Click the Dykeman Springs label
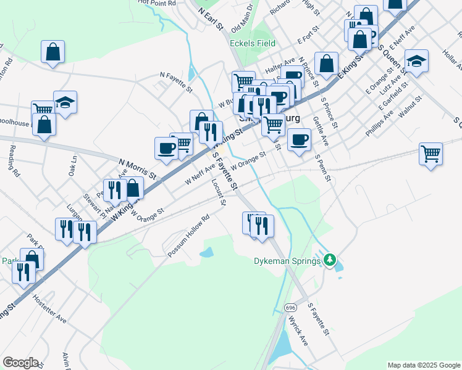click(x=287, y=261)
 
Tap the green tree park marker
click(x=330, y=260)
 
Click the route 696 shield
click(x=291, y=306)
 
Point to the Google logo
click(x=20, y=363)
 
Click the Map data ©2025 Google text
click(x=423, y=365)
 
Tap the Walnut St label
click(x=410, y=104)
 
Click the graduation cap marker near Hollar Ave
click(x=417, y=61)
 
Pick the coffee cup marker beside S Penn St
click(x=300, y=139)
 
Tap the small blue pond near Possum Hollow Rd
click(x=207, y=253)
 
